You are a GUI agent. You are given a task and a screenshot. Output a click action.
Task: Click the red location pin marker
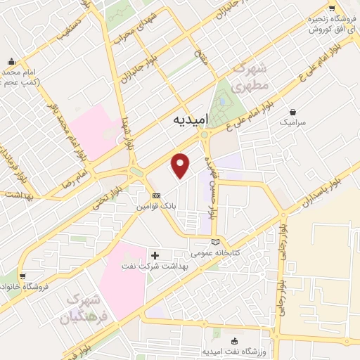point(181,165)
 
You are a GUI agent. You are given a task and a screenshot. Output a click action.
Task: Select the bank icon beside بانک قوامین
point(156,195)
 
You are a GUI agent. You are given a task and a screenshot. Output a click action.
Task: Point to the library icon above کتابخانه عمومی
point(215,241)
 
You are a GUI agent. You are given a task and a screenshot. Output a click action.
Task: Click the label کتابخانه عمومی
point(217,252)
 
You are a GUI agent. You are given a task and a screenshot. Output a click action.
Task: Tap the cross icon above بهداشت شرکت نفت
point(155,254)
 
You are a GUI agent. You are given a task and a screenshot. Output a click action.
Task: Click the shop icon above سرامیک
point(292,111)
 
